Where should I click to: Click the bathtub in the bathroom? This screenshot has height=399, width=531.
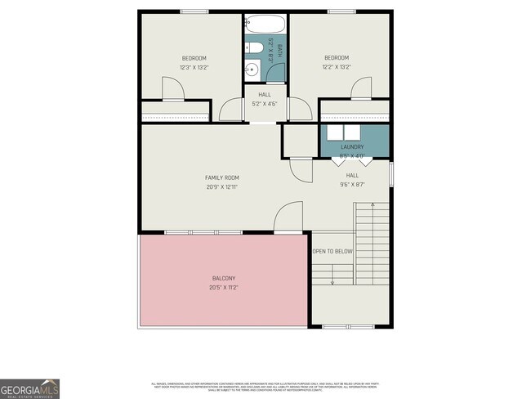[265, 24]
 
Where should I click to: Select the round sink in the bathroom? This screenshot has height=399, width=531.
[253, 71]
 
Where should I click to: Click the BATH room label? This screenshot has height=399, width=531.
[279, 47]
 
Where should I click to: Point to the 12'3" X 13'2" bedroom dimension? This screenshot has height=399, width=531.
[193, 67]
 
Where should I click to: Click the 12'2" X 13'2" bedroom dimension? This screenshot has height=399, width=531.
[336, 67]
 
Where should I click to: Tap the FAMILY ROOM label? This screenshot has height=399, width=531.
[221, 177]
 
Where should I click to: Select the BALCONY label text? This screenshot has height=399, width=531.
[221, 278]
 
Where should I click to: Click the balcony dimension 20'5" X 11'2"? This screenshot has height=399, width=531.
[221, 288]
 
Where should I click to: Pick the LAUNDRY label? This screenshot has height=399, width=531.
[352, 147]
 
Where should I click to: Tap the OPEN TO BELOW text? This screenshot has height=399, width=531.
[332, 251]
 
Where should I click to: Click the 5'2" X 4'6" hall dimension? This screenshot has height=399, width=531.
[265, 105]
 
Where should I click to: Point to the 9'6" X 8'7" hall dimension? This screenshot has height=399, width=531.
[352, 185]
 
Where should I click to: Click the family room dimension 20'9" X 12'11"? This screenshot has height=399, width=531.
[221, 187]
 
